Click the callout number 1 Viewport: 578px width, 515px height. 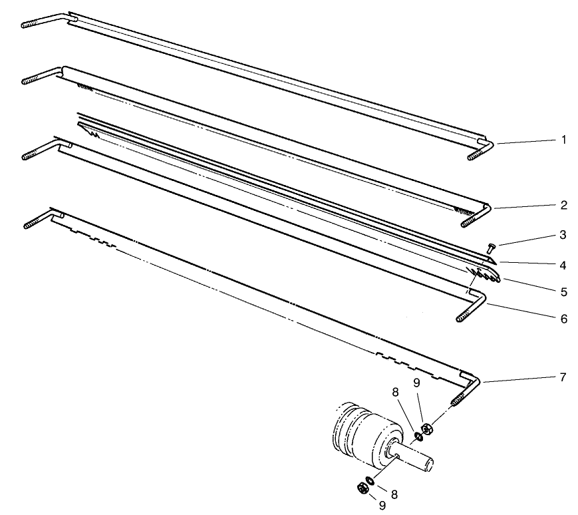(x=563, y=140)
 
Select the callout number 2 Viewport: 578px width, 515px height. (x=563, y=205)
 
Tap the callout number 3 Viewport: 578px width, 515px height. (x=563, y=235)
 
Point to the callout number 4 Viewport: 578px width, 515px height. (x=563, y=264)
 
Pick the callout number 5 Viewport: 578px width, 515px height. (x=563, y=291)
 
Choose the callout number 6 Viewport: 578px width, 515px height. (x=563, y=319)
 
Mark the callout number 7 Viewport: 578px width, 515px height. (x=563, y=377)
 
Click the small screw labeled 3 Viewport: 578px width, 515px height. (x=491, y=248)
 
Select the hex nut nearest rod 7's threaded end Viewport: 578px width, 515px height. (x=427, y=429)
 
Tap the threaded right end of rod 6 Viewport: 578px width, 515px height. (x=468, y=317)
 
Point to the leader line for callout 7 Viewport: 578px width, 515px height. (x=519, y=379)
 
